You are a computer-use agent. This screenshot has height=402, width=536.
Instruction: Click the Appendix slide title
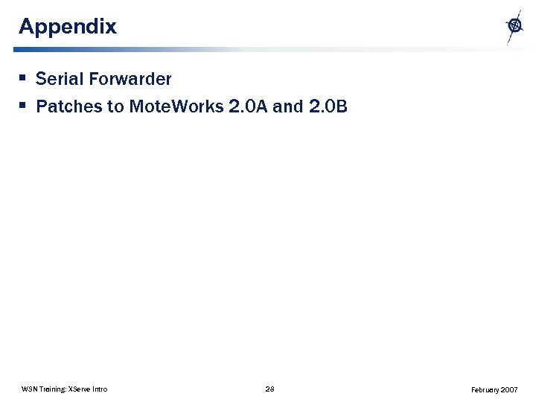coord(68,27)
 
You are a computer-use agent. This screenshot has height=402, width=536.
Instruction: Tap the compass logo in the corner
coord(514,26)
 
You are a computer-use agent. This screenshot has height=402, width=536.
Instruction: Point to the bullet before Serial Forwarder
coord(24,77)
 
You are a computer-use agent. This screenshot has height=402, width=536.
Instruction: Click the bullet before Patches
coord(24,105)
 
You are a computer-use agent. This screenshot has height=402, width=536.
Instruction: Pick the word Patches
coord(68,106)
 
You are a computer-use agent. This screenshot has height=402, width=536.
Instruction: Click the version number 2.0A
coord(249,106)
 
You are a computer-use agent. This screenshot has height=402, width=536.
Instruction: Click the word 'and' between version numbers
coord(287,106)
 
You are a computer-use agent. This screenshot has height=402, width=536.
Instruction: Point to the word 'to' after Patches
coord(115,106)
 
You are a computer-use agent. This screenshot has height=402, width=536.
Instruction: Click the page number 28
coord(269,389)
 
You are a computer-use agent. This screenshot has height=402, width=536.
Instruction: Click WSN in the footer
coord(30,389)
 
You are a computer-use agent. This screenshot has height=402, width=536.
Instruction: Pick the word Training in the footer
coord(53,389)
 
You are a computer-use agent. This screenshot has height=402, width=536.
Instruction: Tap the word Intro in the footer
coord(100,389)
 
